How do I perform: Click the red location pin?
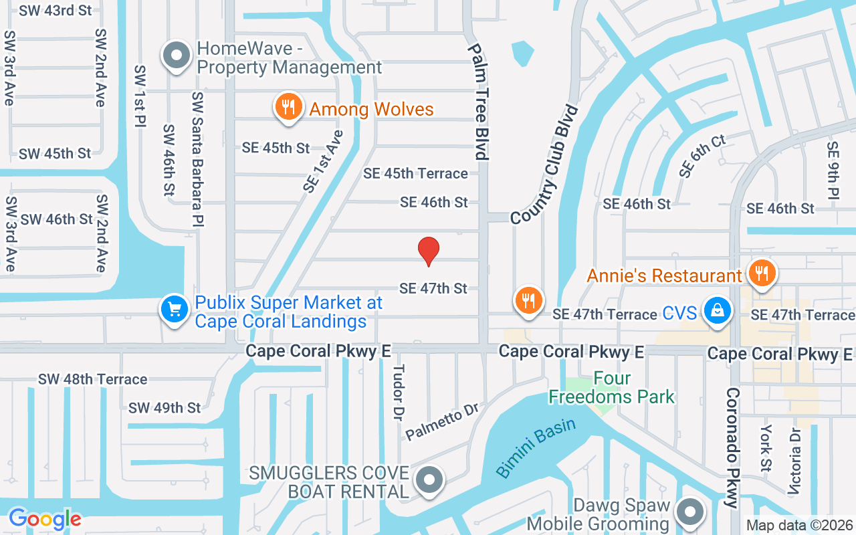click(428, 251)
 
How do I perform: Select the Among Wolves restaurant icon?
click(288, 108)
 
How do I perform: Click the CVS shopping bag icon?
click(717, 311)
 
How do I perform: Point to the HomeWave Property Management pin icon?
click(177, 57)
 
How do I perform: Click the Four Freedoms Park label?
click(611, 388)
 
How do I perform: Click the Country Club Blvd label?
click(544, 165)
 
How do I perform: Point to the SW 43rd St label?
click(56, 11)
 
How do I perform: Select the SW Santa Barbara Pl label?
click(198, 158)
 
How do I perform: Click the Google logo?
click(45, 519)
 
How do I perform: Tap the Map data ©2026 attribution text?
click(799, 526)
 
